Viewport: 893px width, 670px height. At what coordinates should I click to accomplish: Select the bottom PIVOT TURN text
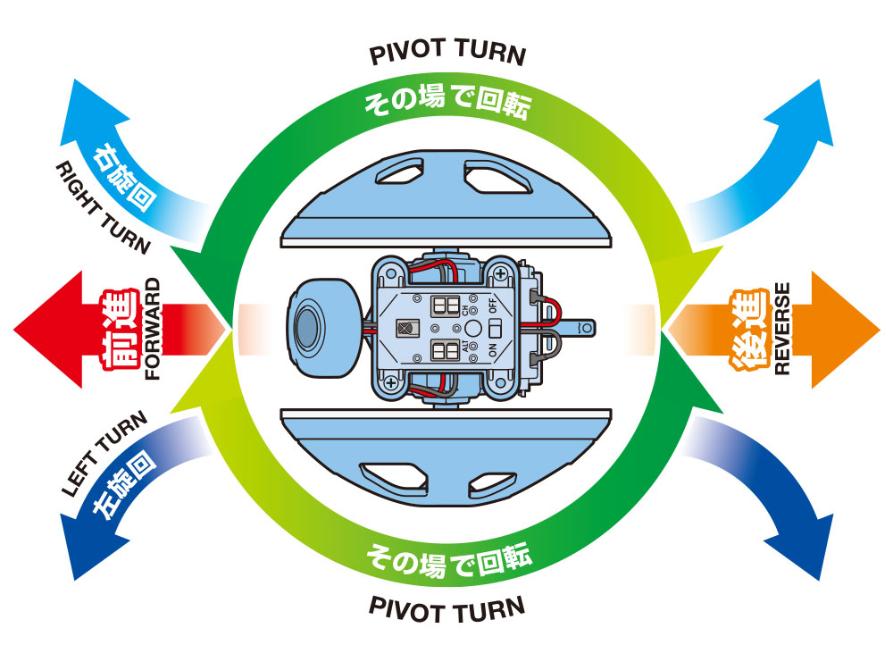447,610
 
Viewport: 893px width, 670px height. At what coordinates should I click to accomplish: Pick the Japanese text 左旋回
125,484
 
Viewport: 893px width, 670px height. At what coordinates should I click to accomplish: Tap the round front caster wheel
318,318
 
